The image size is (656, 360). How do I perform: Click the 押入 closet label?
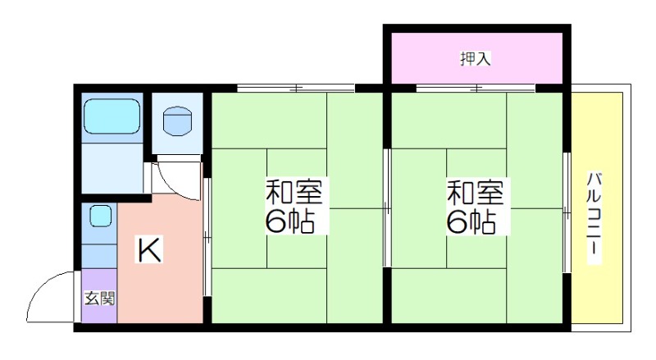[476, 58]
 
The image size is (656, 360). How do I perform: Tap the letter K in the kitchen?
[149, 249]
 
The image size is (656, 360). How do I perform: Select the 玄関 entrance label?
[99, 298]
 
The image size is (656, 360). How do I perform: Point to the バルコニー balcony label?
[593, 217]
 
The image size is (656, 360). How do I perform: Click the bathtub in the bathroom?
[112, 116]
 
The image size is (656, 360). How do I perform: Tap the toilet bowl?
[177, 121]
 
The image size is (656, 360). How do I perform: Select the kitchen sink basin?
[100, 216]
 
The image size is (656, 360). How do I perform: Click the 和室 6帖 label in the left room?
[294, 206]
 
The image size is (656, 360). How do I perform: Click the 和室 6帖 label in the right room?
[476, 206]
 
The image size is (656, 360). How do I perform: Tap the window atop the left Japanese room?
[296, 88]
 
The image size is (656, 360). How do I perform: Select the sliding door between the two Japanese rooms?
[387, 208]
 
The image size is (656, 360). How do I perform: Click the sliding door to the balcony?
[567, 213]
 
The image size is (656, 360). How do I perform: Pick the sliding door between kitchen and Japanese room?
[207, 237]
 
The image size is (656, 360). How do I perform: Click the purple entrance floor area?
[99, 295]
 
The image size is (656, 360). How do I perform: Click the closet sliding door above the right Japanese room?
[476, 88]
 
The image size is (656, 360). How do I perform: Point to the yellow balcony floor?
[597, 207]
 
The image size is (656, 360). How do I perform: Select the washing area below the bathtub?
[112, 166]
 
